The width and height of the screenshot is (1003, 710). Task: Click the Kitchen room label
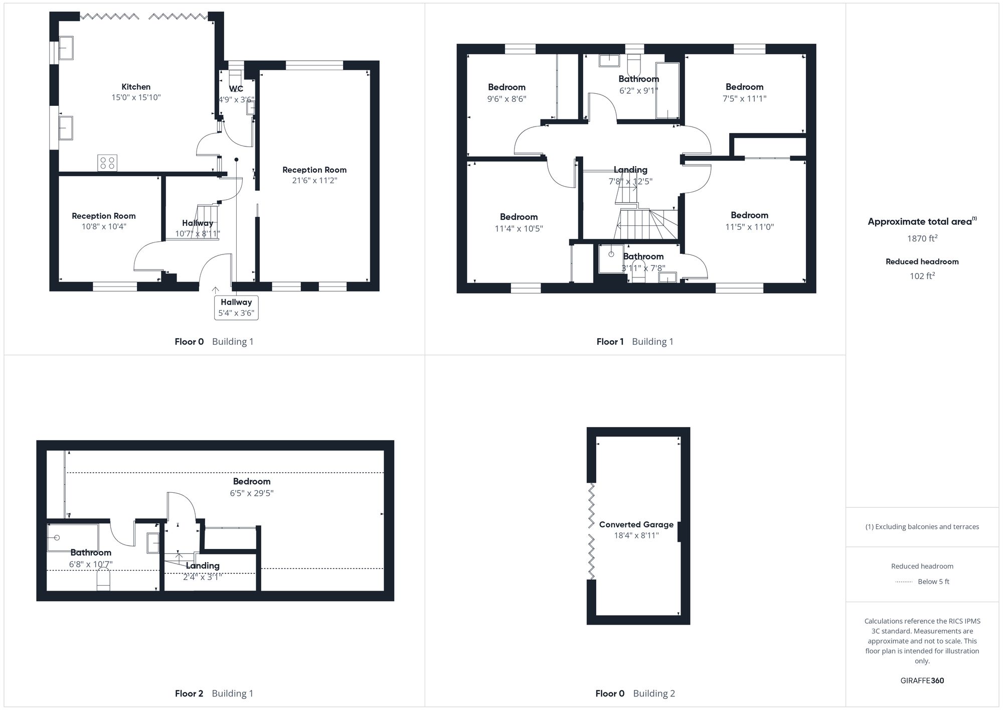tap(136, 87)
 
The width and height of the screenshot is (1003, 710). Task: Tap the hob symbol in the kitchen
tap(107, 163)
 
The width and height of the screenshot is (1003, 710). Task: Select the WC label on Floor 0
tap(236, 89)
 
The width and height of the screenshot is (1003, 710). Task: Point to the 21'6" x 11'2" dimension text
tap(314, 181)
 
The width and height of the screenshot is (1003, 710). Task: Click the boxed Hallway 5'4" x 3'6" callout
tap(236, 308)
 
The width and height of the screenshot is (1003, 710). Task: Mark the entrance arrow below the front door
tap(216, 290)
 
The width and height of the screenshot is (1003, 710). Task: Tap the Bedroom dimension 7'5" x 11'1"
tap(744, 99)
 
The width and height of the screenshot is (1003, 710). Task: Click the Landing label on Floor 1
tap(630, 170)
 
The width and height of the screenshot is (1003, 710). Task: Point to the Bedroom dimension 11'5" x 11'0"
tap(749, 227)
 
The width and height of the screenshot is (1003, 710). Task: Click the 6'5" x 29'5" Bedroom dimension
tap(252, 493)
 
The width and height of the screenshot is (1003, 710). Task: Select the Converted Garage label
tap(636, 525)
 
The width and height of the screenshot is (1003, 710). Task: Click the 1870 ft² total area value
tap(922, 239)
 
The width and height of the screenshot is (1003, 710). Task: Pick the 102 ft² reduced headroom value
tap(922, 276)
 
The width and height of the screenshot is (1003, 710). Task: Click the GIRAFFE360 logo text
tap(922, 681)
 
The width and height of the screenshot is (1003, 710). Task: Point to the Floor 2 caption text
tap(189, 693)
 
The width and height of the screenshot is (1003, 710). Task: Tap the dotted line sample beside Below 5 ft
tap(904, 582)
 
